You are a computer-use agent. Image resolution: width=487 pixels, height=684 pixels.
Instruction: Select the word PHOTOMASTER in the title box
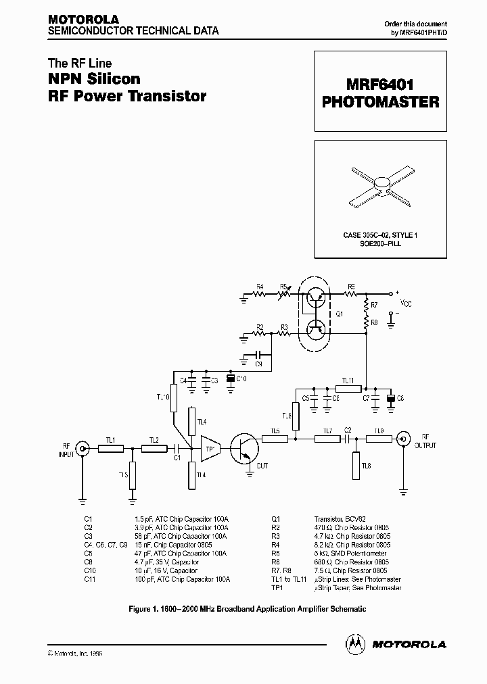click(380, 102)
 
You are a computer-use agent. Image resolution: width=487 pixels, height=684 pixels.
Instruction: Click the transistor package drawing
click(381, 182)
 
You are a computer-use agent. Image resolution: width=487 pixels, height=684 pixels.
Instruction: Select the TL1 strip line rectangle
click(110, 447)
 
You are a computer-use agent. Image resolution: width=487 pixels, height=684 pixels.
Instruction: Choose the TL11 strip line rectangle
click(348, 389)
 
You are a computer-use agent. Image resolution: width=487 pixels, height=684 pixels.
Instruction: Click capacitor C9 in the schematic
click(257, 353)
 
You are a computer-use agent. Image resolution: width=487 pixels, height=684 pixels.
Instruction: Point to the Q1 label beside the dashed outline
click(340, 313)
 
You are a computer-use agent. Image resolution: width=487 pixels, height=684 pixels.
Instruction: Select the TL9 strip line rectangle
click(379, 438)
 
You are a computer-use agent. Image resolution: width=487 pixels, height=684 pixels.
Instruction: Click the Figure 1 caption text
click(247, 609)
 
